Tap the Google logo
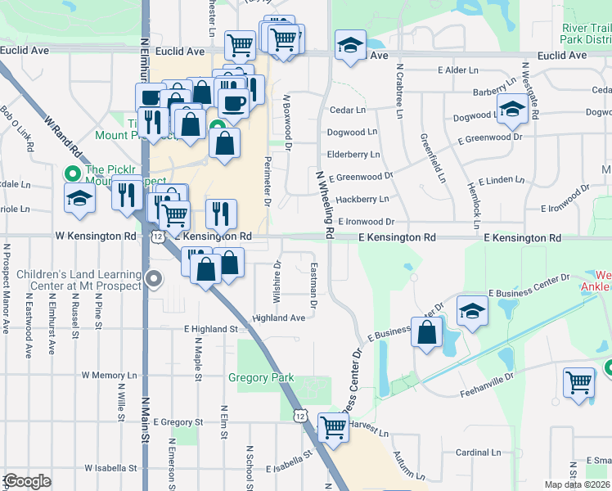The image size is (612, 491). [27, 481]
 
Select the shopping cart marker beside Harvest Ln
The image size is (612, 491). [333, 426]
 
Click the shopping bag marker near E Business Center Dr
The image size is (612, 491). [427, 332]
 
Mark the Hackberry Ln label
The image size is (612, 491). [362, 199]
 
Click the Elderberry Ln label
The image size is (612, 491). [353, 154]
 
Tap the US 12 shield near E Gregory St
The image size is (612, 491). [300, 417]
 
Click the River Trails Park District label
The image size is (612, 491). [586, 34]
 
